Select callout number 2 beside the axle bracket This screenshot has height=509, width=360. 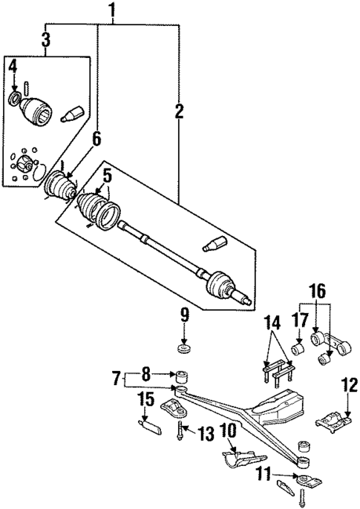coord(178,112)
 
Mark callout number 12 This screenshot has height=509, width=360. coord(345,384)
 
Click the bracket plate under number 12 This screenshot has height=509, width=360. coord(336,421)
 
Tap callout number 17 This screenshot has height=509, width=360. coord(298,321)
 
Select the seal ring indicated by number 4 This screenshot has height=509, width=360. coord(15,99)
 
